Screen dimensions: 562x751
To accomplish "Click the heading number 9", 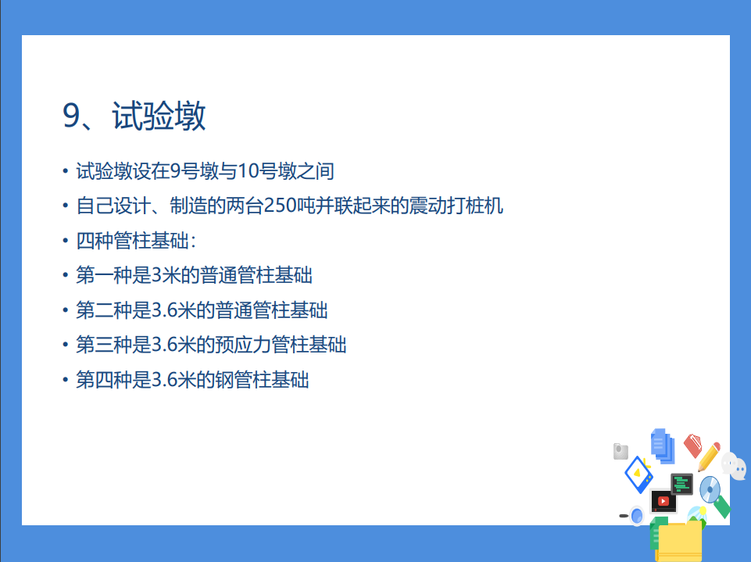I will pos(73,116).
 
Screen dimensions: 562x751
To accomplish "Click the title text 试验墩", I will pos(159,116).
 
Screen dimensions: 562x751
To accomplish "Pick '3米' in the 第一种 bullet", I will pos(162,275).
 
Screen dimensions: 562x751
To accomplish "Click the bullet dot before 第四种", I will pos(65,380).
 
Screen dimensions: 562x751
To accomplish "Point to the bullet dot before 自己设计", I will pos(65,206).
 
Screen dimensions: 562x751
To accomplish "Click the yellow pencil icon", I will pos(710,456).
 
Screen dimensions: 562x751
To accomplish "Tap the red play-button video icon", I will pos(663,501).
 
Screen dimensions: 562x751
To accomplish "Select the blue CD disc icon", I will pos(709,489).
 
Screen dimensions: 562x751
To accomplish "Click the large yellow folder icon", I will pos(679,541).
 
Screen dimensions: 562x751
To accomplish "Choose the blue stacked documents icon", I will pos(662,446).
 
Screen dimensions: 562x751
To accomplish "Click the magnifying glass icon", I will pos(635,516).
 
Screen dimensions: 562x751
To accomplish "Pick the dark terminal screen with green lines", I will pos(682,484).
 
